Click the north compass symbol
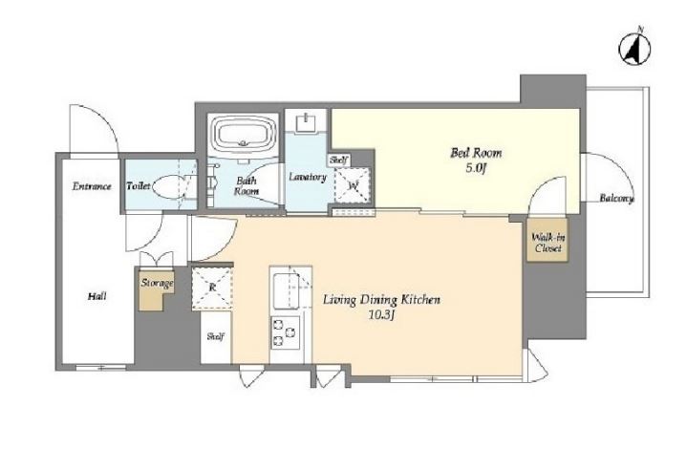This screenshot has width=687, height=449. click(634, 49)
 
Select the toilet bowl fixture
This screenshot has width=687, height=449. click(171, 187)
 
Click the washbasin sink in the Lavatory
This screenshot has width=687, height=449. click(306, 123)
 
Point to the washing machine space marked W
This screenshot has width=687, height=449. click(353, 185)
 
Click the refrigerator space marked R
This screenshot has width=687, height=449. click(212, 288)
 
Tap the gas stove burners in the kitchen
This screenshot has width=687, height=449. click(285, 332)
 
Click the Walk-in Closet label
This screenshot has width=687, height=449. click(548, 243)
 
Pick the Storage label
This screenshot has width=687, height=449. click(157, 283)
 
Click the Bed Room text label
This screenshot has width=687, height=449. click(476, 153)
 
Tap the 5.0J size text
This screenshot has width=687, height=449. click(476, 168)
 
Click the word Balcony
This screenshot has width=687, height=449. click(616, 199)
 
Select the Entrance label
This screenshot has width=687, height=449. click(92, 186)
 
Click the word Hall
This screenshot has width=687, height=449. click(97, 296)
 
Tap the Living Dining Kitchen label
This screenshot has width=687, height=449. click(381, 300)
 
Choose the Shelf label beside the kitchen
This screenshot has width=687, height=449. click(216, 336)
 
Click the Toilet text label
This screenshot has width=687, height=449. click(139, 186)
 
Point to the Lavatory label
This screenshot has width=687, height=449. click(308, 178)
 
